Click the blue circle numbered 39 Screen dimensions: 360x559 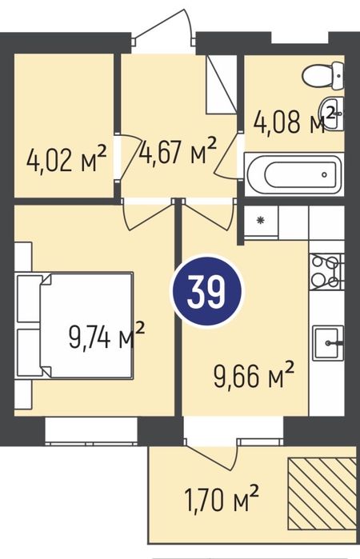tap(206, 292)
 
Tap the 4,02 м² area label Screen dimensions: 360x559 tap(66, 159)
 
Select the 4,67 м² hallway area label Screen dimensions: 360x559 tap(178, 151)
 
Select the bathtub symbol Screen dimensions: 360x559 tap(294, 174)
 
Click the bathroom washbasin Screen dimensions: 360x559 tap(331, 113)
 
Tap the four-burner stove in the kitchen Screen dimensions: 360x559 tap(326, 271)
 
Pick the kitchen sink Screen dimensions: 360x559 tap(328, 343)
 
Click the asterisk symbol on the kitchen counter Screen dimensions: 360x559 tap(261, 220)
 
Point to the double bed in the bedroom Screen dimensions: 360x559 tap(74, 325)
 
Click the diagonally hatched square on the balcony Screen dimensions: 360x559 tap(322, 493)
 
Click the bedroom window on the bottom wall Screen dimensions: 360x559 tap(92, 431)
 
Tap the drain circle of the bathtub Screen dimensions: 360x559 tap(324, 174)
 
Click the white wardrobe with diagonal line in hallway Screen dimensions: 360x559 tap(222, 85)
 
